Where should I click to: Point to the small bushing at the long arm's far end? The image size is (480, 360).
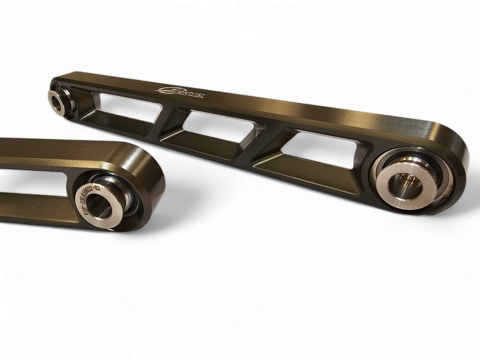point(59,100)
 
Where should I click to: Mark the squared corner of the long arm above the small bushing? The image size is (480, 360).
point(58,79)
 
